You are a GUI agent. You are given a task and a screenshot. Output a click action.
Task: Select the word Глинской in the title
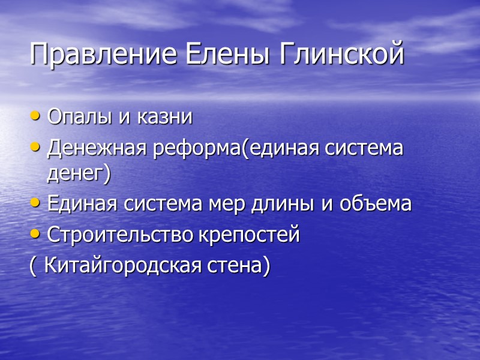coord(337,55)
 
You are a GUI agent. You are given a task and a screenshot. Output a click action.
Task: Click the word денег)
coord(79,175)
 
